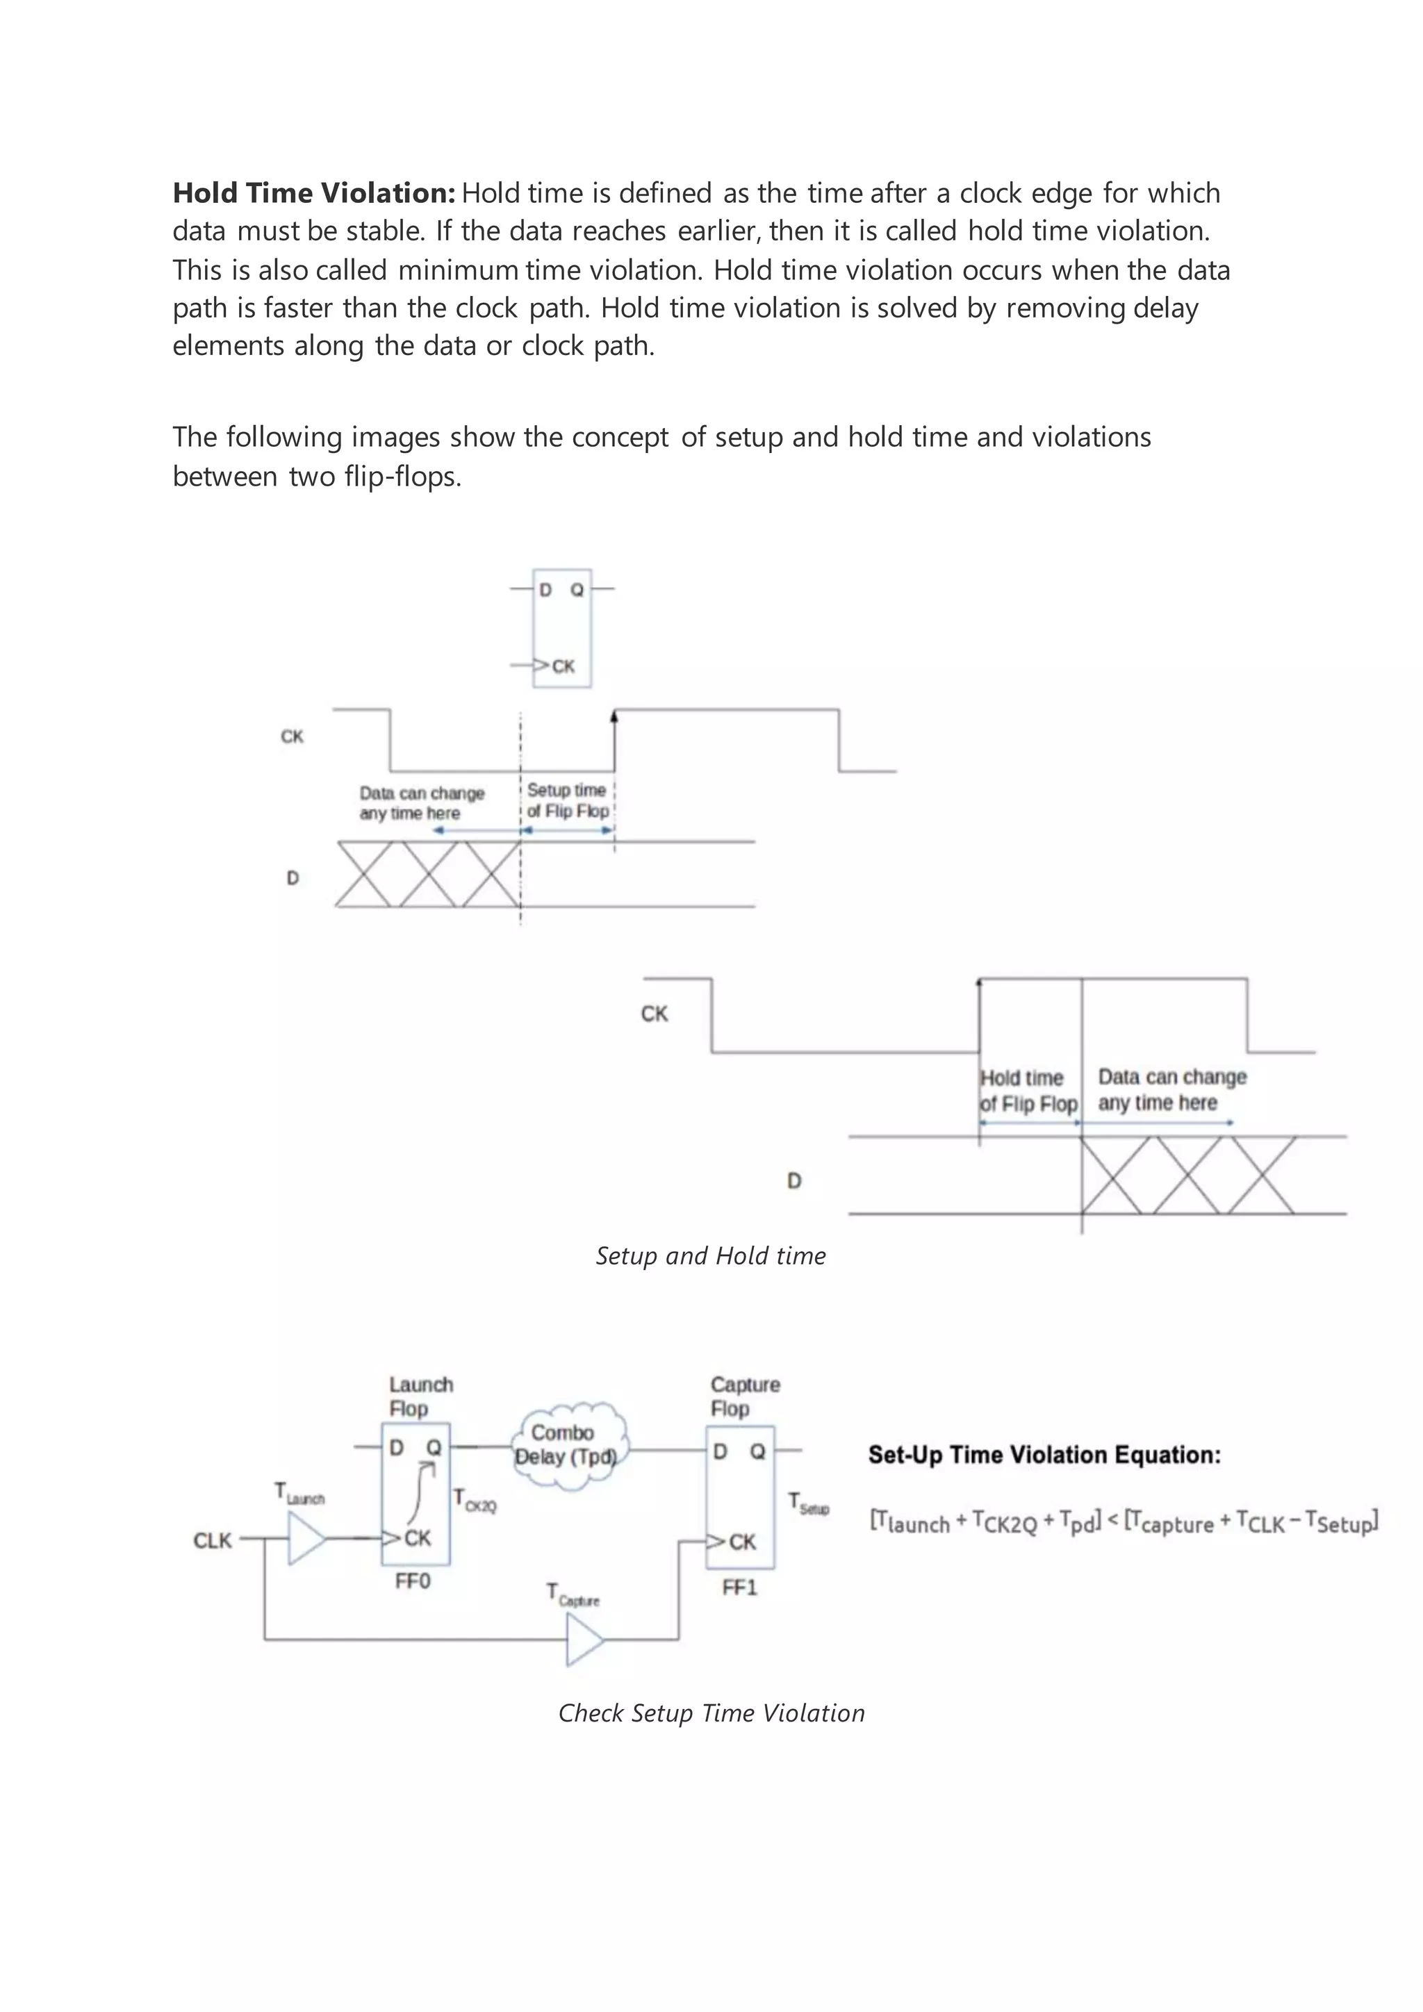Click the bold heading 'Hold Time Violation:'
point(313,192)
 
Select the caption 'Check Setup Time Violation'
point(711,1713)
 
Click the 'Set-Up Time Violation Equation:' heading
point(1044,1456)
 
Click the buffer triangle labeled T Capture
point(584,1640)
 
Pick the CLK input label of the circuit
point(212,1540)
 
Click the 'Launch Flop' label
point(420,1397)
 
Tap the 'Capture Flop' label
point(744,1397)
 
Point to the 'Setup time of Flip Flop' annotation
point(567,801)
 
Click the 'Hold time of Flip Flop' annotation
point(1028,1091)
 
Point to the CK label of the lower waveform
point(654,1014)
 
